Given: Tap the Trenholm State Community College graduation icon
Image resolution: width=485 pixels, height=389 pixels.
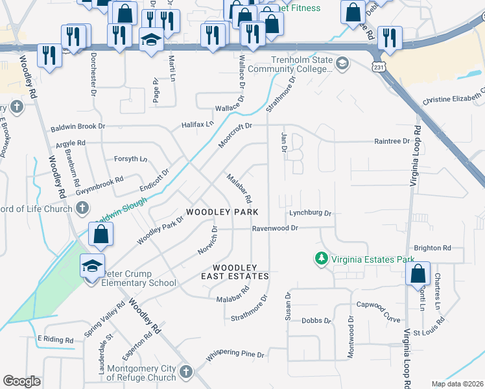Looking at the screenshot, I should pyautogui.click(x=342, y=64).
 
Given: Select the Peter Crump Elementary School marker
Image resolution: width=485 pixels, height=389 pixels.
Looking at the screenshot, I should pyautogui.click(x=92, y=266).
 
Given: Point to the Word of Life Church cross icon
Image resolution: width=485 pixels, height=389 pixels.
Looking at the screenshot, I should pyautogui.click(x=82, y=208).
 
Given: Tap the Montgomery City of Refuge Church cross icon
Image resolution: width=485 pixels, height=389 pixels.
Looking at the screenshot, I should pyautogui.click(x=186, y=372).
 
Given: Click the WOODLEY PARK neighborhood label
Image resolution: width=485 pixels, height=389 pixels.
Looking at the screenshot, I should pyautogui.click(x=222, y=212).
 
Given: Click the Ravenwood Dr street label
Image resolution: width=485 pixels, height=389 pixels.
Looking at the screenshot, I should pyautogui.click(x=275, y=228).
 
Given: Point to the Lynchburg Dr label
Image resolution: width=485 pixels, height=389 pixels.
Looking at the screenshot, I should pyautogui.click(x=310, y=213).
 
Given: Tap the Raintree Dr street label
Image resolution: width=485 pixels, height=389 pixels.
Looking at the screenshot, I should pyautogui.click(x=392, y=141).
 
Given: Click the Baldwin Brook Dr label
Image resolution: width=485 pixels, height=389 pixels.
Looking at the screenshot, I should pyautogui.click(x=77, y=126).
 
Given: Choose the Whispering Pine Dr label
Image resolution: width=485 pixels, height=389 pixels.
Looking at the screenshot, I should pyautogui.click(x=235, y=355).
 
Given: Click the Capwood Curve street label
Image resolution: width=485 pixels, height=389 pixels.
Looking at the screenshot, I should pyautogui.click(x=379, y=304).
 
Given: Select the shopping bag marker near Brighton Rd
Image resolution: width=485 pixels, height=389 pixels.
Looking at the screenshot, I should pyautogui.click(x=418, y=274).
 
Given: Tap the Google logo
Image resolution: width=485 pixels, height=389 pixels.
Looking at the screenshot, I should pyautogui.click(x=21, y=381).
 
